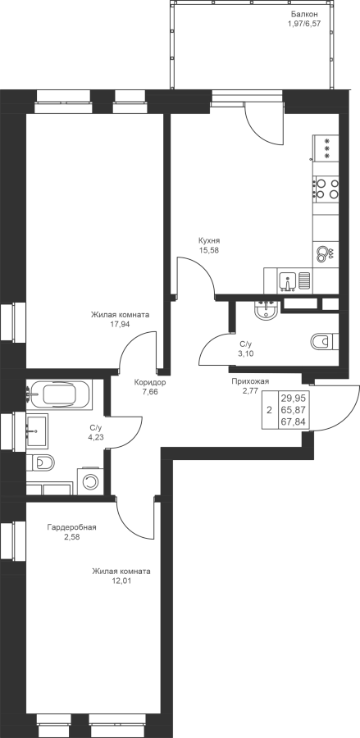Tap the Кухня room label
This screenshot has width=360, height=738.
point(209,240)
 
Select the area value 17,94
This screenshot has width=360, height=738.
point(121,324)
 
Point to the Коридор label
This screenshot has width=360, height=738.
point(149,382)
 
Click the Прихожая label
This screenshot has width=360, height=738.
point(250,381)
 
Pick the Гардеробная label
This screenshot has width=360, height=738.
point(71,527)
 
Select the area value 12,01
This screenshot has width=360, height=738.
point(121,581)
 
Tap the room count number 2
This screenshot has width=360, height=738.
point(269,410)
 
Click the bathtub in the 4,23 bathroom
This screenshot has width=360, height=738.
point(59,394)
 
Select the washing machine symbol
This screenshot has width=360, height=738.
point(90,481)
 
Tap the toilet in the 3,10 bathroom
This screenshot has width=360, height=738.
point(324,341)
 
